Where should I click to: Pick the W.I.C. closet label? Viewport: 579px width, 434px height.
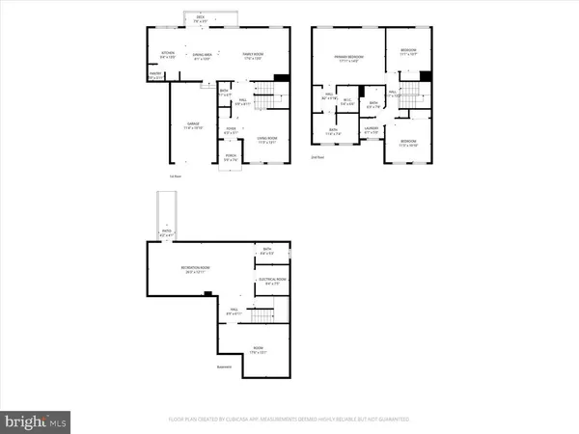coord(346,103)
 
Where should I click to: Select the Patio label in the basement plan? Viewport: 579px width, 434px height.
coord(168,231)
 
